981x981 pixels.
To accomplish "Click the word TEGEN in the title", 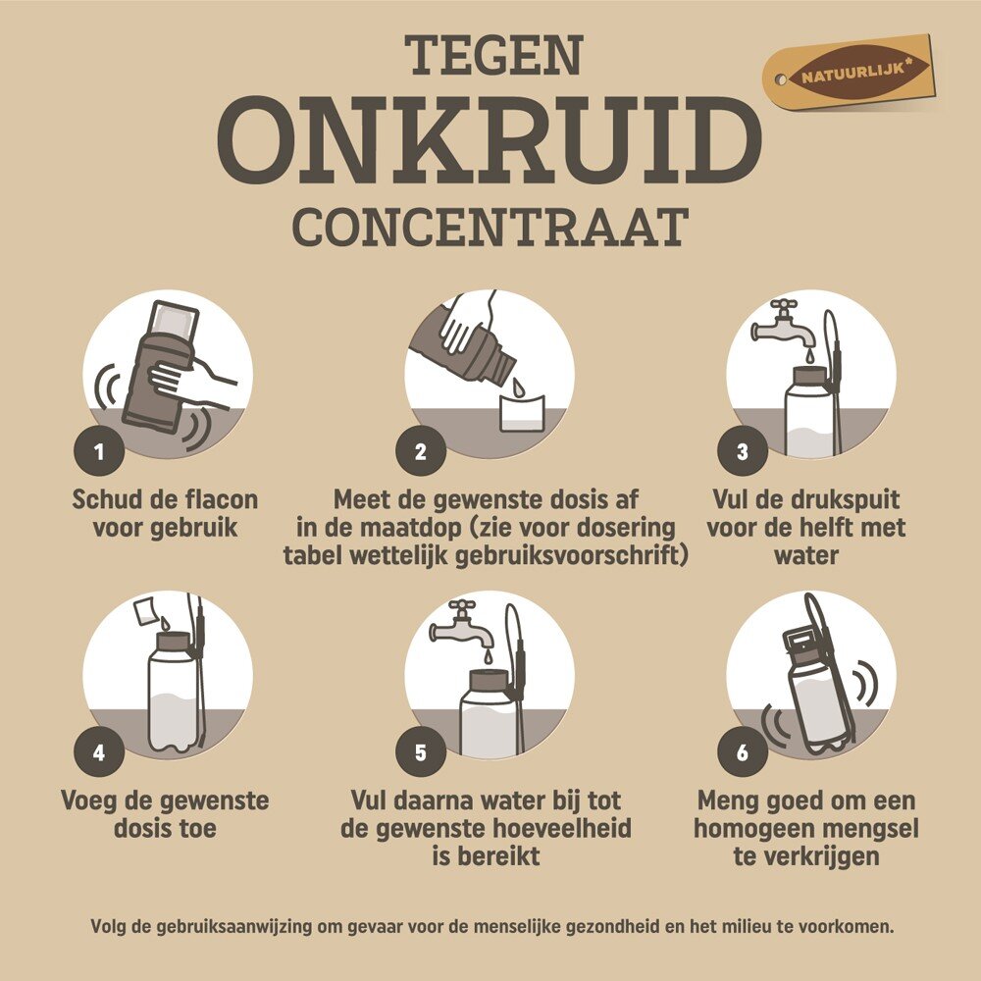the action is pos(493,55).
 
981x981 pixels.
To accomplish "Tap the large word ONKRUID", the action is pos(490,140).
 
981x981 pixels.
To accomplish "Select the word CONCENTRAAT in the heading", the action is pos(490,228).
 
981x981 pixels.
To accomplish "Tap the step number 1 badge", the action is pos(99,451).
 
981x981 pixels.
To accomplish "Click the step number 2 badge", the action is pos(421,451).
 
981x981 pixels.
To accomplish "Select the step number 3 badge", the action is pos(742,451).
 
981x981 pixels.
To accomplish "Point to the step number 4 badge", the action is pos(99,752).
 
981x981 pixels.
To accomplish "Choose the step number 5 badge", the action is pos(421,752).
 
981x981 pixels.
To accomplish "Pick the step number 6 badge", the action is pos(742,752).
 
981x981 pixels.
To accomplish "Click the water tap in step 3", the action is pos(782,326).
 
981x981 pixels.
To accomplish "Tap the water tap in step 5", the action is pos(460,627).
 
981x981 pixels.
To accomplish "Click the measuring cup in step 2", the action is pos(522,412).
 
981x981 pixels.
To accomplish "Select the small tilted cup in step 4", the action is pos(147,610).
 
